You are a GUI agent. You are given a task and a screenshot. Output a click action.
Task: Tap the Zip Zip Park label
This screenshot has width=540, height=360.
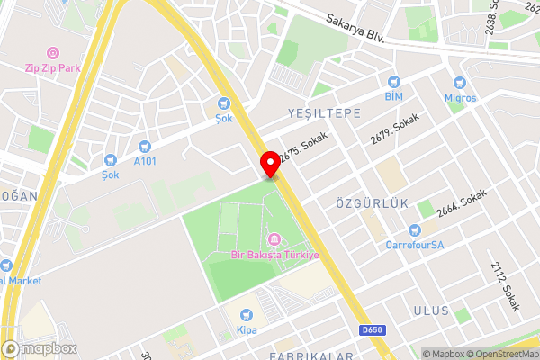pos(53,67)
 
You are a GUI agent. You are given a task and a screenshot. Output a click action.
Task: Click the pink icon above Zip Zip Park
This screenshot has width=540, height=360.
pos(52,53)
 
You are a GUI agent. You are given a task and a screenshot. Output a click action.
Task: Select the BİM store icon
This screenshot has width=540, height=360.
pos(393,81)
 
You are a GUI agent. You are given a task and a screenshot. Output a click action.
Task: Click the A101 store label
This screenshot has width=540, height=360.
pos(144,162)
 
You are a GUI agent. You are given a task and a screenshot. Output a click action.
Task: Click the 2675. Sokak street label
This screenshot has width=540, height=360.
pos(302,146)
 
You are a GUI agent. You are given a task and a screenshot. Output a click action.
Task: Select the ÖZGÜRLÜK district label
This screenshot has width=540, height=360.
pos(365,203)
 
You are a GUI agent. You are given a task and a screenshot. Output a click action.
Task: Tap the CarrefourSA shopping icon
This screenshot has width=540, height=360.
pos(414,229)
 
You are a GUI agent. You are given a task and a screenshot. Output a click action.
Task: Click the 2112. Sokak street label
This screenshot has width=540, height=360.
pos(506,286)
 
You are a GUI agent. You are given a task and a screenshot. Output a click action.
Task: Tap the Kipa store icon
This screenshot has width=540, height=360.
pos(247,315)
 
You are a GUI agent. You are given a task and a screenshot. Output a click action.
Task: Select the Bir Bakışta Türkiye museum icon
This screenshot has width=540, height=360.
pos(274,240)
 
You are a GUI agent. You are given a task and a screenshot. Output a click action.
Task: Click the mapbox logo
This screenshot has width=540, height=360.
pos(40,348)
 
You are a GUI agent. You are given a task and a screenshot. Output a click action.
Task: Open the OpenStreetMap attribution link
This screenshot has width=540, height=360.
pos(500,353)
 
